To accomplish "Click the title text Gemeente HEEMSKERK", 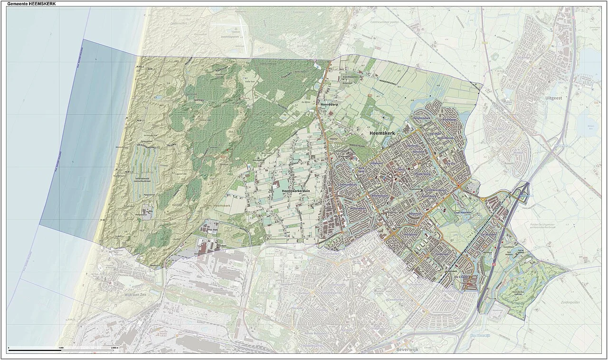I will (x=31, y=3).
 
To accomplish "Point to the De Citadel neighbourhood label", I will (x=461, y=276).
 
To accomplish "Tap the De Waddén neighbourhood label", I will (x=488, y=235).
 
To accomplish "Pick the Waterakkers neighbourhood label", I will (x=359, y=208).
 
